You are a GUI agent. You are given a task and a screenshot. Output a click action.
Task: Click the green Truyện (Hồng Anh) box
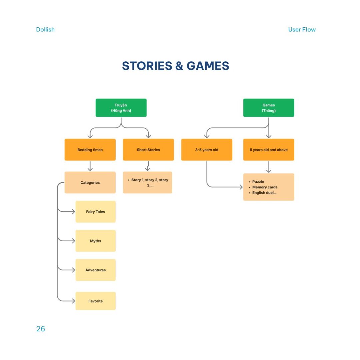point(121,108)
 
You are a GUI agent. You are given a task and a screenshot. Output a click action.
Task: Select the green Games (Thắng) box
point(269,108)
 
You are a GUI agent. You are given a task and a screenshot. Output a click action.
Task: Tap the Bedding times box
point(90,150)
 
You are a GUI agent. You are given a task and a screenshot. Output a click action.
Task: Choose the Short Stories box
point(148,150)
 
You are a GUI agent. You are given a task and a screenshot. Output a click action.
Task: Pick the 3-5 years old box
point(207,150)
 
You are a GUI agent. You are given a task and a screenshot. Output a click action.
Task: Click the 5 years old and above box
point(269,150)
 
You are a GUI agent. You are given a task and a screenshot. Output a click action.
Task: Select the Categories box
point(90,183)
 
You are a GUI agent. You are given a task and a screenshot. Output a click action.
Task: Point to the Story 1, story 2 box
point(147,183)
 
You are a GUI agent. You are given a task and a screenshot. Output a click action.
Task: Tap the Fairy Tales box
point(96,212)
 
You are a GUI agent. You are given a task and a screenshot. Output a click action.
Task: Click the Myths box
point(96,241)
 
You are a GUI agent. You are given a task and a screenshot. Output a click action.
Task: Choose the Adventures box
point(96,270)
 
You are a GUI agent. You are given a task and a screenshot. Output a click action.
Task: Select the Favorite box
point(96,301)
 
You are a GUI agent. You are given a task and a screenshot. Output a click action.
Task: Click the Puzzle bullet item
point(256,182)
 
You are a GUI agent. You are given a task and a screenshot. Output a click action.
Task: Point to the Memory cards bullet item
point(263,187)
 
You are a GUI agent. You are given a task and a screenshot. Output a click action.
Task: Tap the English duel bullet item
point(263,193)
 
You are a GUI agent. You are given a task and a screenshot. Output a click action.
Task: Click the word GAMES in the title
point(208,66)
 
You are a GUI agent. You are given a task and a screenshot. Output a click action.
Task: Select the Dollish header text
point(45,30)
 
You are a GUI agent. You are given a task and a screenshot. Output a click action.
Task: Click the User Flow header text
point(302,30)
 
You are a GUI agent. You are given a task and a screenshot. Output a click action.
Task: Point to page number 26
point(41,329)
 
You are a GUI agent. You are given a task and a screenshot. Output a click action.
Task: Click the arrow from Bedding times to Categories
point(90,166)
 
